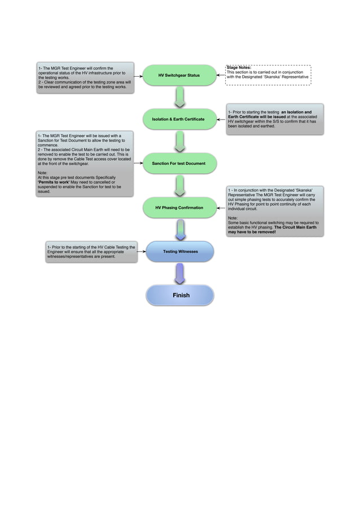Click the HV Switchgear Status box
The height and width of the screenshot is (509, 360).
tap(179, 75)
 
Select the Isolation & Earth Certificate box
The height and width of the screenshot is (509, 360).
tap(178, 119)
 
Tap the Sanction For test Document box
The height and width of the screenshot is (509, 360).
tap(179, 163)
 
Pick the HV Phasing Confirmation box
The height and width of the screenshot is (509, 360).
tap(179, 208)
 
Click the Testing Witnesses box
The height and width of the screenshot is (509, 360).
tap(180, 251)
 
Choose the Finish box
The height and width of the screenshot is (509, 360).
tap(181, 295)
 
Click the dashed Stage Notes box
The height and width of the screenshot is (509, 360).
tap(268, 75)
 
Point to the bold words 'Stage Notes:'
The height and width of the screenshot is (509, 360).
tap(239, 68)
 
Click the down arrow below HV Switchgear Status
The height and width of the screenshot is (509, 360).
tap(179, 97)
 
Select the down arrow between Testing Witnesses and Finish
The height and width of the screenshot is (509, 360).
tap(179, 274)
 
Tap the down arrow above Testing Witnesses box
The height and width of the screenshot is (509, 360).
tap(179, 230)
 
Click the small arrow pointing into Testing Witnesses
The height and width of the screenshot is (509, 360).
tap(142, 252)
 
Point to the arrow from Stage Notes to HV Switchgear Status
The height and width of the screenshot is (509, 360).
tap(221, 75)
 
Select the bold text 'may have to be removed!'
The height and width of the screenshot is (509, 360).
tap(252, 232)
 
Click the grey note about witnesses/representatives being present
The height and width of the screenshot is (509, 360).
tap(91, 252)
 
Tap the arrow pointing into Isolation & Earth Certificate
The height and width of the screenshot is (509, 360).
tap(222, 119)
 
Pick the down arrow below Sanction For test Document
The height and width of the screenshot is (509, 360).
tap(179, 186)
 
